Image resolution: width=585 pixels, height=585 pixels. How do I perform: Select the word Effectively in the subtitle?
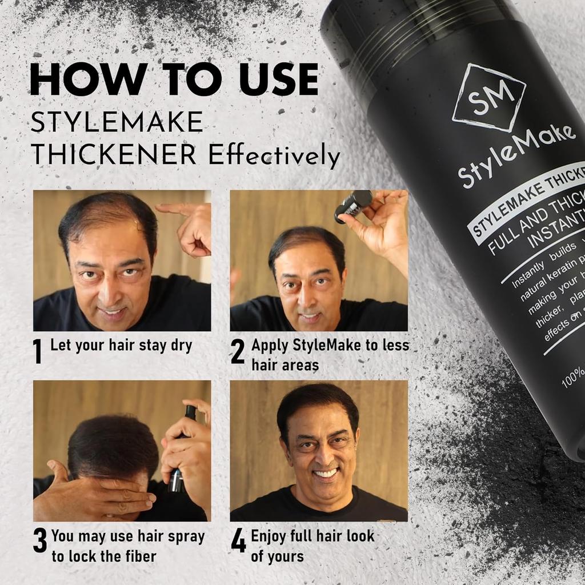274,155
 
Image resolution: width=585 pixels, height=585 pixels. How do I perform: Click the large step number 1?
38,351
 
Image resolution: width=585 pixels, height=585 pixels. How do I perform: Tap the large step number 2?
238,351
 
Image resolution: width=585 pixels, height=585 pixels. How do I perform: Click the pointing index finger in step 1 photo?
171,209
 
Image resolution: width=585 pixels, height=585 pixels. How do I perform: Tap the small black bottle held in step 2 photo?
353,206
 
